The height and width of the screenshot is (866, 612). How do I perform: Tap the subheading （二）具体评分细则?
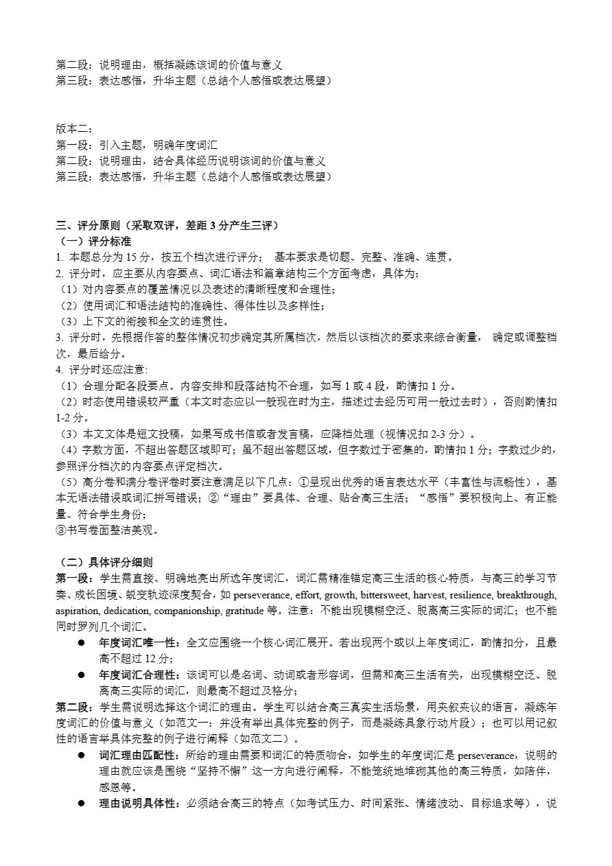pyautogui.click(x=104, y=562)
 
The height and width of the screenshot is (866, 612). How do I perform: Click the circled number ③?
pyautogui.click(x=60, y=530)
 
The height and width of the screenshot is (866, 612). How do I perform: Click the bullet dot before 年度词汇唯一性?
pyautogui.click(x=80, y=643)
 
